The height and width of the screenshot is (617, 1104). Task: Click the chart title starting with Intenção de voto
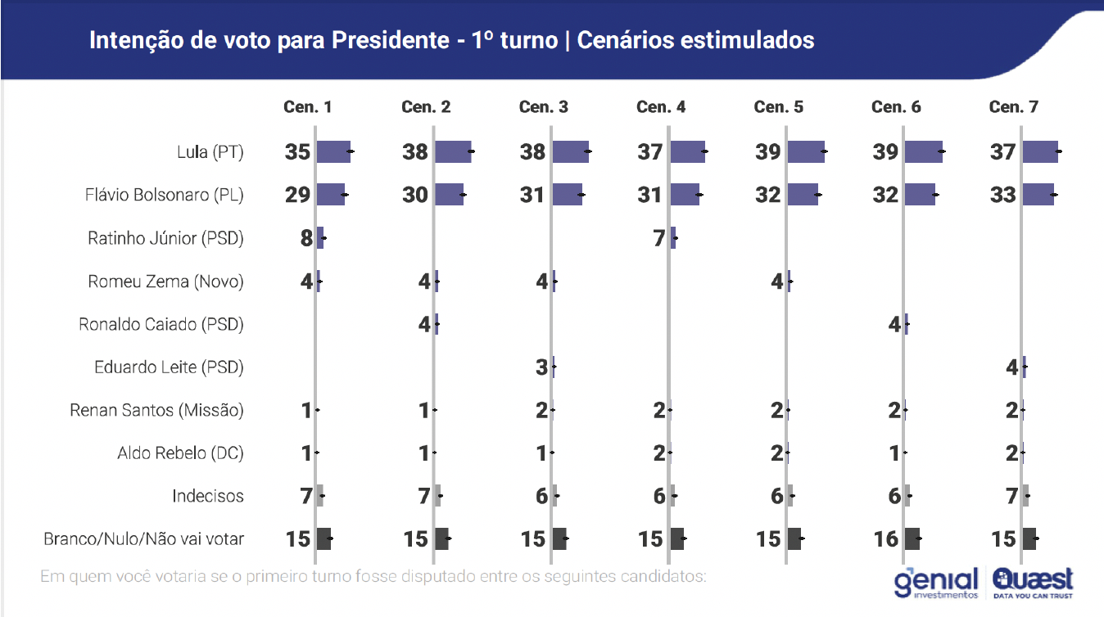(451, 40)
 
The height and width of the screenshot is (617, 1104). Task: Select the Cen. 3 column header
(543, 107)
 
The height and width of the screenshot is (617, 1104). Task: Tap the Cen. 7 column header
(1013, 107)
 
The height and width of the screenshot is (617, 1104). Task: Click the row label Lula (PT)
(210, 152)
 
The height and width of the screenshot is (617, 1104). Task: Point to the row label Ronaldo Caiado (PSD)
(161, 324)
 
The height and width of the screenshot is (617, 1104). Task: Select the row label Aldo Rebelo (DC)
(180, 453)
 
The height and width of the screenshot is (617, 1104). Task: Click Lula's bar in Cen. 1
(333, 151)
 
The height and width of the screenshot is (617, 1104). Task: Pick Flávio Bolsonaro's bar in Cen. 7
(1038, 195)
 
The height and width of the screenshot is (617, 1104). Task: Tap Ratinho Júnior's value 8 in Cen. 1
(307, 238)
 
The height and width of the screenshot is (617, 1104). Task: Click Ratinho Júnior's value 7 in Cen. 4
(660, 238)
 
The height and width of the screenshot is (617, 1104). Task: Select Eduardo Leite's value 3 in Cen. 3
(542, 367)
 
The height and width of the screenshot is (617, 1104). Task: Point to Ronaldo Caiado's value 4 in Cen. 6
(895, 324)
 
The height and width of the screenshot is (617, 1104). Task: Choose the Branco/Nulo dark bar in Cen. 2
(441, 538)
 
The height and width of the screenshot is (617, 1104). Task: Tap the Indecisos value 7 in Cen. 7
(1012, 496)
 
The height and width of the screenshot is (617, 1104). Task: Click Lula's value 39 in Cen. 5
(767, 152)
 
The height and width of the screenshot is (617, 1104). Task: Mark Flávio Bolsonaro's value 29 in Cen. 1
(297, 195)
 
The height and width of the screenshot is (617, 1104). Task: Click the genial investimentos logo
(936, 582)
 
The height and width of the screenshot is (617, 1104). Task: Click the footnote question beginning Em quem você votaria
(373, 576)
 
